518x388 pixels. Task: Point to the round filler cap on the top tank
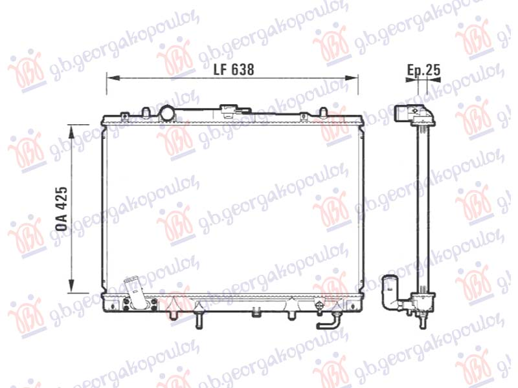pyautogui.click(x=168, y=113)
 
